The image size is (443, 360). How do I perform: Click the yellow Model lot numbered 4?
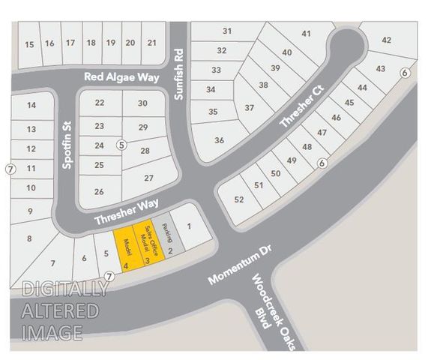pyautogui.click(x=126, y=248)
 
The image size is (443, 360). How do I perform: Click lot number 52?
pyautogui.click(x=239, y=199)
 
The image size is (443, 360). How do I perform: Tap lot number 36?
pyautogui.click(x=219, y=140)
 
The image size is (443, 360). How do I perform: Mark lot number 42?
pyautogui.click(x=386, y=40)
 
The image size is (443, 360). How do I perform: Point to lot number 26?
pyautogui.click(x=99, y=191)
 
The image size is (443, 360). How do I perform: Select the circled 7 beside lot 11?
pyautogui.click(x=10, y=168)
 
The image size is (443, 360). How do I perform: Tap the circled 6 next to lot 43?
pyautogui.click(x=405, y=73)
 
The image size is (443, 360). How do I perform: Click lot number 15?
pyautogui.click(x=29, y=44)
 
